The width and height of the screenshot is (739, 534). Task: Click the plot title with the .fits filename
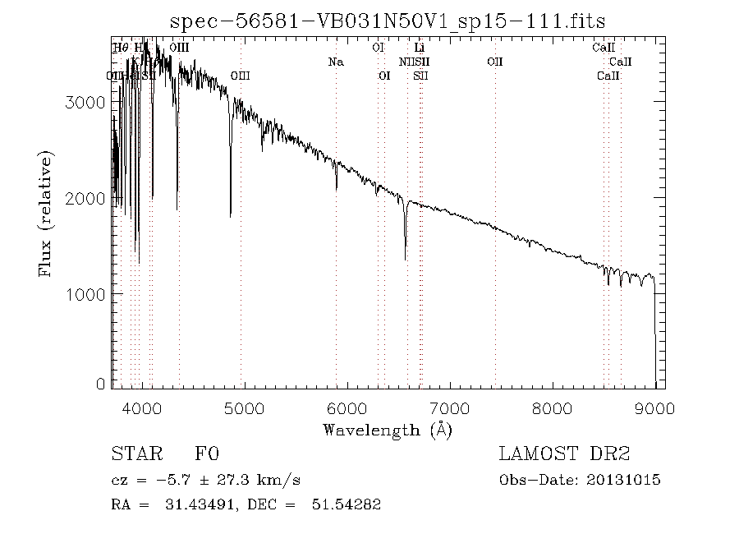387,21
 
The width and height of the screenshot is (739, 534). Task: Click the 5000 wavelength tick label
245,408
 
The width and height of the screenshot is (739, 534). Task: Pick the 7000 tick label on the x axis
450,408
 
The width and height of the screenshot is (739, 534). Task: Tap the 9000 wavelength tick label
654,408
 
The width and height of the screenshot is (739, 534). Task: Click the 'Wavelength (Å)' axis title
388,429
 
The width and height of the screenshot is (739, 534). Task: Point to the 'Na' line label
335,62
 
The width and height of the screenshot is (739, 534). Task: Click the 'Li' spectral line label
419,48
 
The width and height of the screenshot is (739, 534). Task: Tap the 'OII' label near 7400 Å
494,62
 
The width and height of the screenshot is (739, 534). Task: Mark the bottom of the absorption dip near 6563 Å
405,259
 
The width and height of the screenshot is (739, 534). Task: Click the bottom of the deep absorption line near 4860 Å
231,216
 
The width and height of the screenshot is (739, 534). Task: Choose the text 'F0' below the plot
207,454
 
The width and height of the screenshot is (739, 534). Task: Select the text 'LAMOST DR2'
564,454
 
